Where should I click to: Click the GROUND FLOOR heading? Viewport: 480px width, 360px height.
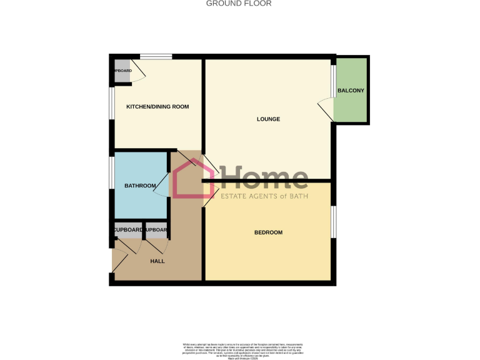point(239,3)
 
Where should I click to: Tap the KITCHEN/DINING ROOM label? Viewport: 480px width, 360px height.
point(157,107)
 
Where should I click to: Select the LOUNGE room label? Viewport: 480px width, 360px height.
point(268,119)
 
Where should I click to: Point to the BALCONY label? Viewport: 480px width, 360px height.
point(351,91)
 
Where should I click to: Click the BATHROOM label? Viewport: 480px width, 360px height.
point(140,186)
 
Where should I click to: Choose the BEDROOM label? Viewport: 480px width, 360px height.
point(268,232)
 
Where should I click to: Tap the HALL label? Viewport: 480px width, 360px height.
point(157,261)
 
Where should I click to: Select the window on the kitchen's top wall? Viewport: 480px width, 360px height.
point(156,57)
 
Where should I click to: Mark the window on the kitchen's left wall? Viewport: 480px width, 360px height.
point(112,102)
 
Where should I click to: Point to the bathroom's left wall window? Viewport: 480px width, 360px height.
point(112,172)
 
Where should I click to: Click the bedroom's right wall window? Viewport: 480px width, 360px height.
point(333,222)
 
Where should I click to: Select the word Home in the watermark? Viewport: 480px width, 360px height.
point(262,177)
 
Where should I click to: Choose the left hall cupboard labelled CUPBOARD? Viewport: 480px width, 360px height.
point(127,230)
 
